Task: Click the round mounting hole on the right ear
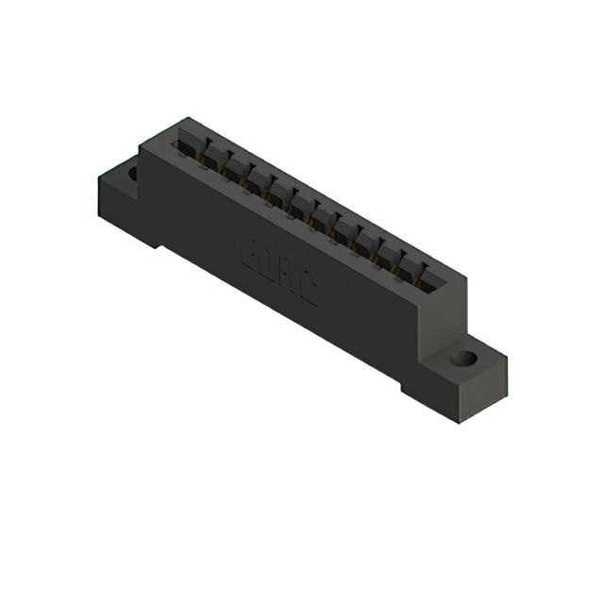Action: (x=463, y=359)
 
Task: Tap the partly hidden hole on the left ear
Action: (x=132, y=174)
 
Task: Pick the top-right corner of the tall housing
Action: (x=464, y=275)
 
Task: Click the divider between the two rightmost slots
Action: (x=421, y=269)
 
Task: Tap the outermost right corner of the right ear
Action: (x=506, y=360)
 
